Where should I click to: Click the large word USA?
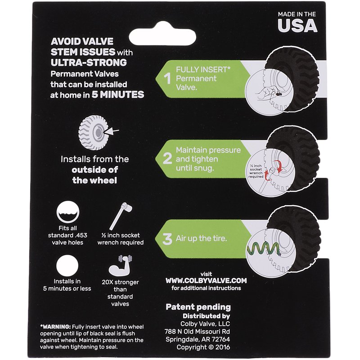(297, 25)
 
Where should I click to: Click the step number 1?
(167, 79)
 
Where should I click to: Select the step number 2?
(167, 158)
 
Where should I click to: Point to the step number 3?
(167, 239)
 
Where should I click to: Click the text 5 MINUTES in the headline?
(118, 94)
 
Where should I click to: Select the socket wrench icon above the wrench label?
(121, 216)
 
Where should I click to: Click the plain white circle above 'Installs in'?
(67, 265)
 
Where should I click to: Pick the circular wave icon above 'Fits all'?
(68, 212)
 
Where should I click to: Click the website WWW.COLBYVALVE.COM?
(206, 280)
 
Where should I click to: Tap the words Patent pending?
(198, 307)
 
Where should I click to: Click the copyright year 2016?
(223, 347)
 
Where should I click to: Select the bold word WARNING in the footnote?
(56, 327)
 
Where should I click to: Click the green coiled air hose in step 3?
(264, 250)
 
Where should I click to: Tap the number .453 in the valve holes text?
(81, 235)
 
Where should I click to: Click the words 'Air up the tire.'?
(201, 238)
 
